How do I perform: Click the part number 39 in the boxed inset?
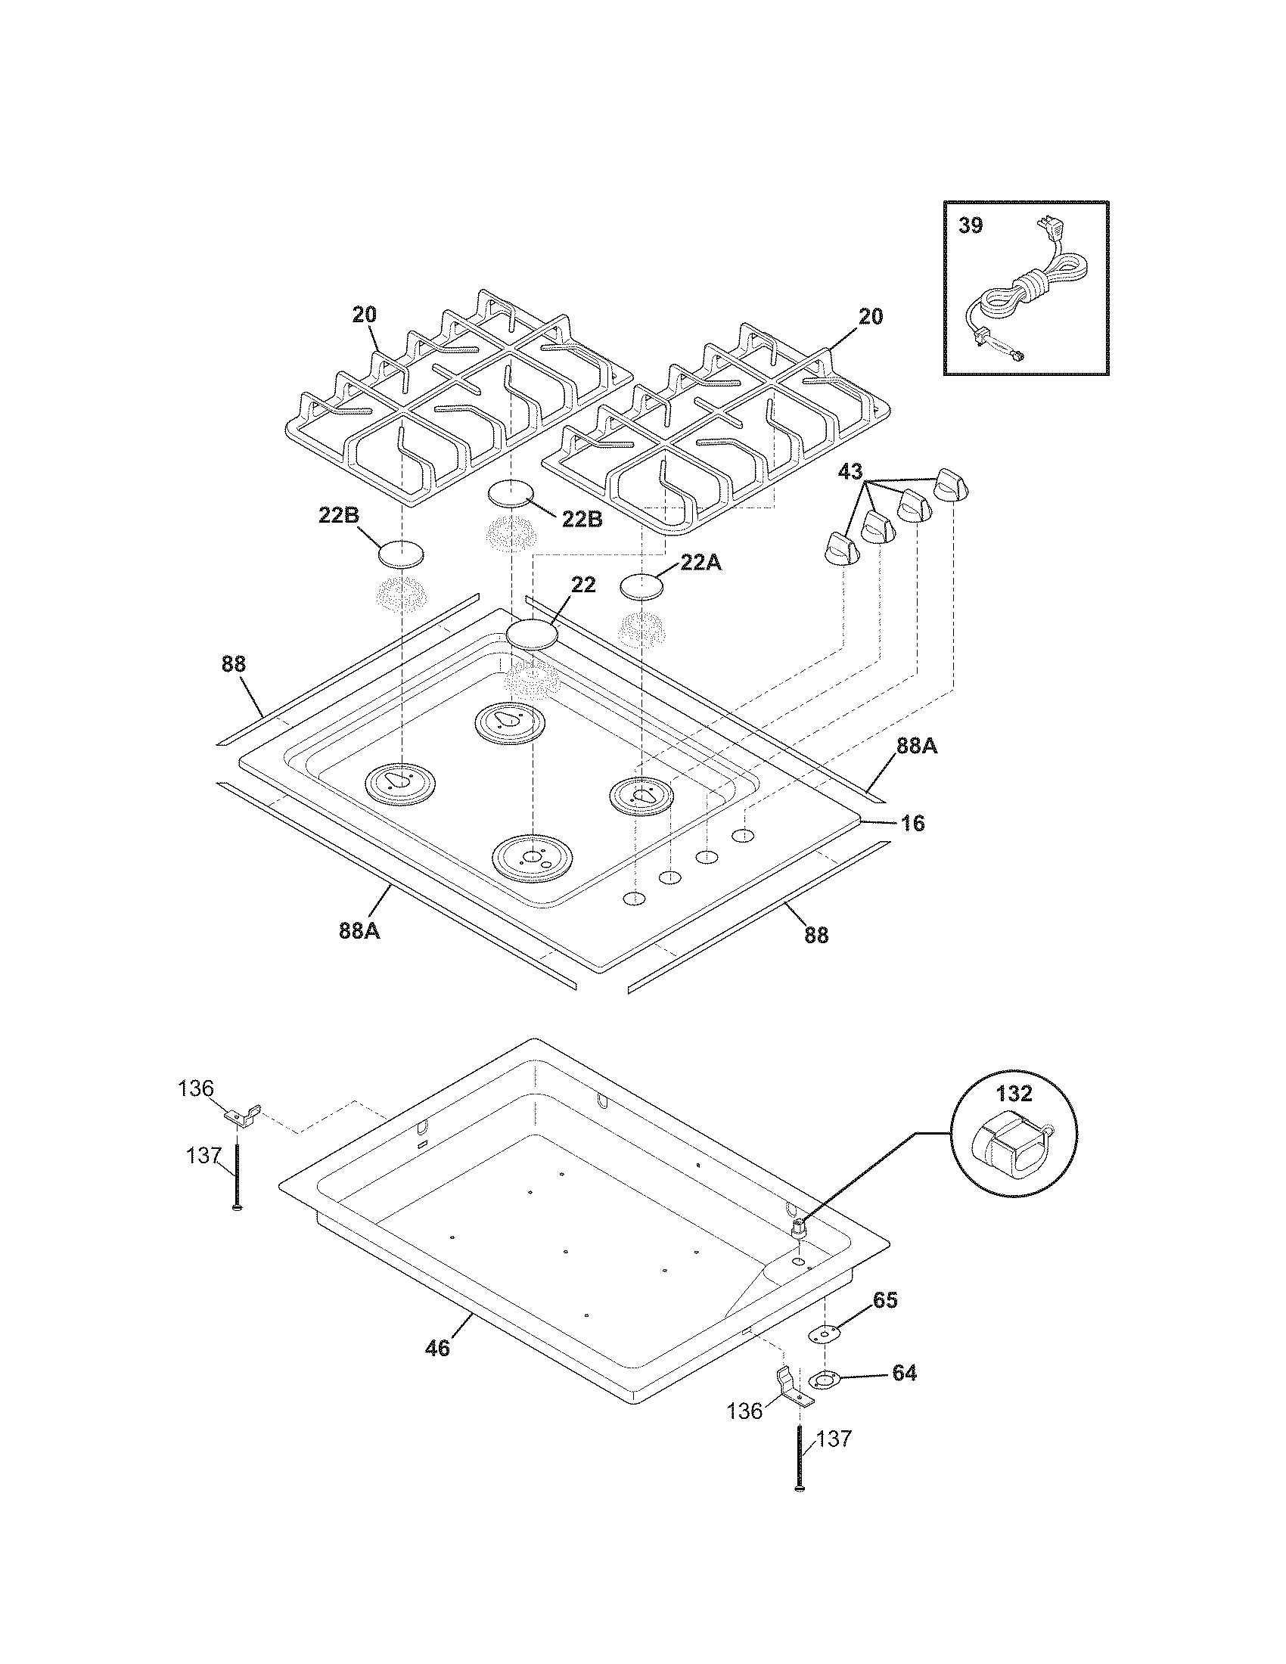(x=971, y=226)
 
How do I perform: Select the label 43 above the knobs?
(x=850, y=471)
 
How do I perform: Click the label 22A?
(x=700, y=562)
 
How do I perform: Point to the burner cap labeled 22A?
(x=641, y=588)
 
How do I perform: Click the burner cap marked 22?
(x=533, y=634)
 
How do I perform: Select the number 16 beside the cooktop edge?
(x=912, y=823)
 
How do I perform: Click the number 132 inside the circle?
(x=1014, y=1094)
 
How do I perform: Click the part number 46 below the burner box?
(x=437, y=1348)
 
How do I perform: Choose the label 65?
(x=884, y=1299)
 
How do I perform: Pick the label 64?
(x=903, y=1373)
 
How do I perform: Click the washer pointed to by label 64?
(x=824, y=1378)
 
